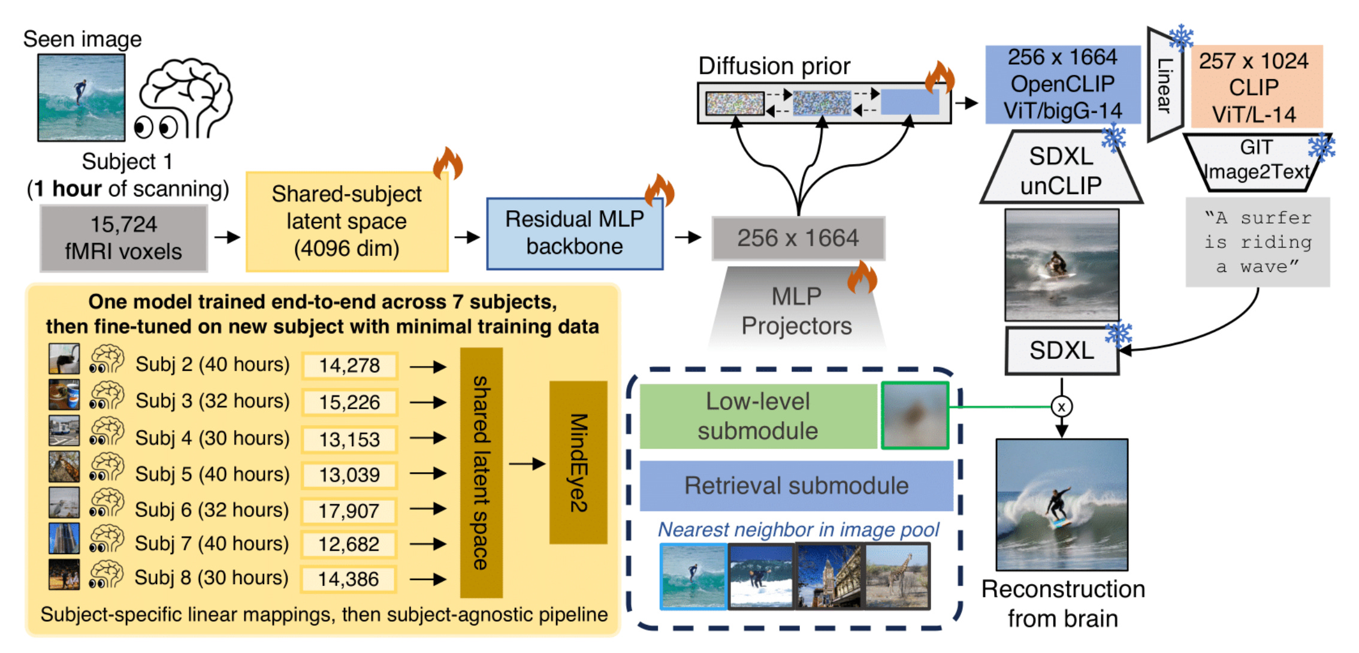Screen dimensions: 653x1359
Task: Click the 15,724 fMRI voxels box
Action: (123, 238)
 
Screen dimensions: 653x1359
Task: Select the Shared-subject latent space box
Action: (346, 222)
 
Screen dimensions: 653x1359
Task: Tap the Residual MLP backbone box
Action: (574, 234)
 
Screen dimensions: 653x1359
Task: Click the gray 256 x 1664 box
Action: (798, 238)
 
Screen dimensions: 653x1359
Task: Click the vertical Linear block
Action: (1164, 85)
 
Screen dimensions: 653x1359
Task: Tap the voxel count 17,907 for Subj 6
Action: (349, 511)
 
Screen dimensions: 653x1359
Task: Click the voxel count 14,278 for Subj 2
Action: (349, 365)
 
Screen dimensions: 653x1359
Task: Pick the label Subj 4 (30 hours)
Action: (212, 438)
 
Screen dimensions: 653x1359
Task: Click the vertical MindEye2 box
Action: (578, 462)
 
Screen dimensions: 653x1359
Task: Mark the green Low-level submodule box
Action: (757, 416)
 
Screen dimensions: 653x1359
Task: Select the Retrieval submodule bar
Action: (796, 486)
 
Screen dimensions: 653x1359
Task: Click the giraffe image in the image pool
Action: (897, 576)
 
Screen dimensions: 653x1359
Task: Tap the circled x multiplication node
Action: (1061, 407)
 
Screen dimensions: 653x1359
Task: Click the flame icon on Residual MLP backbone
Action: (659, 191)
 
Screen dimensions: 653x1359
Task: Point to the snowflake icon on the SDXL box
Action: (1118, 334)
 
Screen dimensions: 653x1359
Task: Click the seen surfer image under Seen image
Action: (81, 98)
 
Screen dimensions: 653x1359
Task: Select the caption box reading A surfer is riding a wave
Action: (1257, 242)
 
